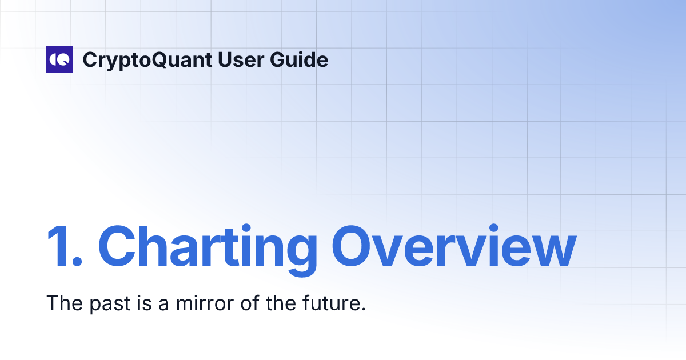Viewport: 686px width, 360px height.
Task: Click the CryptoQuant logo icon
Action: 59,59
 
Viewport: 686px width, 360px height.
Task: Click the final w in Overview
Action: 552,251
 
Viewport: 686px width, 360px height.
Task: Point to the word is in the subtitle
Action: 145,303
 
